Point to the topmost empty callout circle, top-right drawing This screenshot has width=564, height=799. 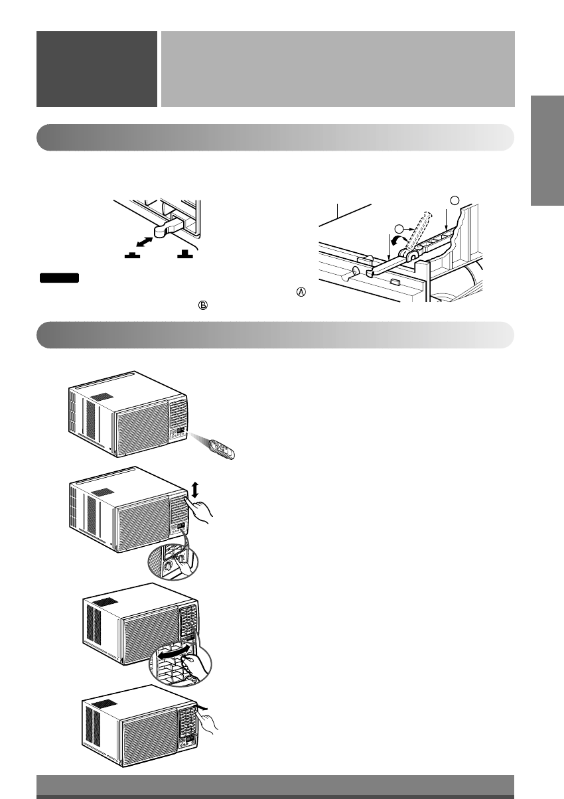click(x=454, y=199)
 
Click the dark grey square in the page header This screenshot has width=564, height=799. click(x=96, y=69)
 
